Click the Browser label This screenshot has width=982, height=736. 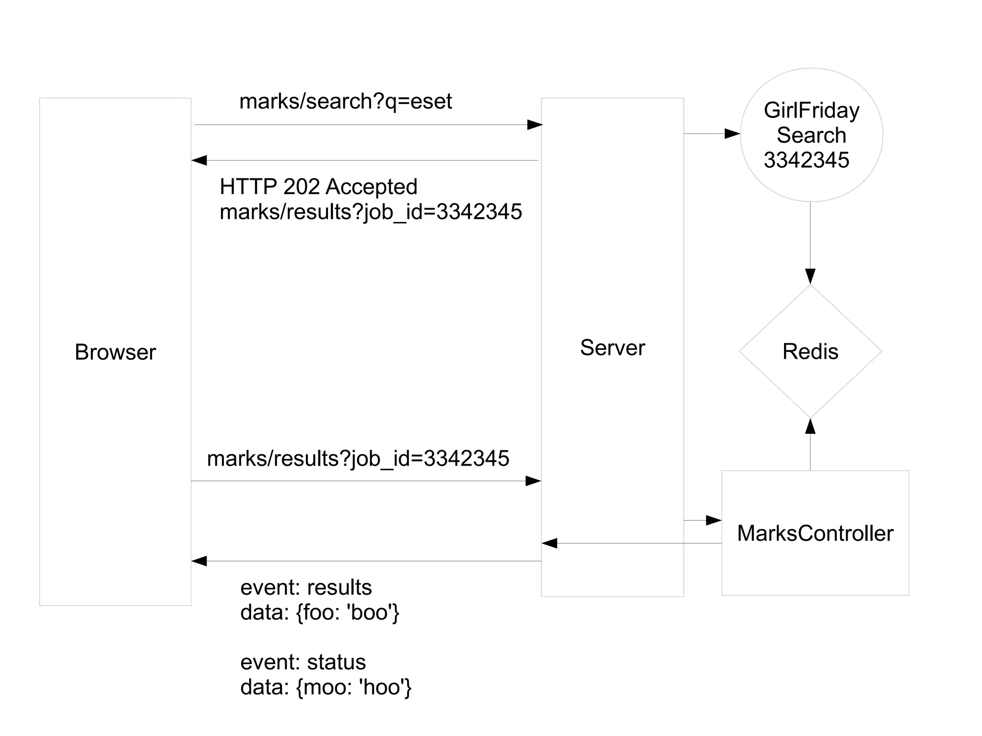click(x=115, y=352)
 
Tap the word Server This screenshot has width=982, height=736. click(x=612, y=348)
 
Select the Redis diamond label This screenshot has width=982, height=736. click(x=810, y=351)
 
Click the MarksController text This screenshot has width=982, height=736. click(x=815, y=533)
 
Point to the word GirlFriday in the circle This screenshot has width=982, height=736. click(x=811, y=110)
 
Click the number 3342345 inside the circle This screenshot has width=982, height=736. click(x=806, y=160)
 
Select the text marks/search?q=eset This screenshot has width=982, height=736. click(x=345, y=101)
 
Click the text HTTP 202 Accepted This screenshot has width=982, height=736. click(x=318, y=187)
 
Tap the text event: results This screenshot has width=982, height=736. click(x=306, y=587)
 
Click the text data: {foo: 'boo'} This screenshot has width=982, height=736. click(x=320, y=612)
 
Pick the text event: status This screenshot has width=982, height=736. click(x=303, y=662)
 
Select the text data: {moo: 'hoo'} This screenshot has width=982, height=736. click(x=326, y=687)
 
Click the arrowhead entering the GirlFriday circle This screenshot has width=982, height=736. click(x=732, y=134)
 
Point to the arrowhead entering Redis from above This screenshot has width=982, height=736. click(x=810, y=276)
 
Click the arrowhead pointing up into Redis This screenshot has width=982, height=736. click(x=810, y=426)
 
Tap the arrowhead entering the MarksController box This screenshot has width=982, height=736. click(x=714, y=520)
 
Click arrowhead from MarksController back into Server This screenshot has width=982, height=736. click(x=549, y=543)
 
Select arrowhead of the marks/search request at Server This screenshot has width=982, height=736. click(x=535, y=125)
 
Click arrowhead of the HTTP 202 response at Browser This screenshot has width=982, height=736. click(x=199, y=160)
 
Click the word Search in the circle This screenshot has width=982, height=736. click(x=811, y=135)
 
